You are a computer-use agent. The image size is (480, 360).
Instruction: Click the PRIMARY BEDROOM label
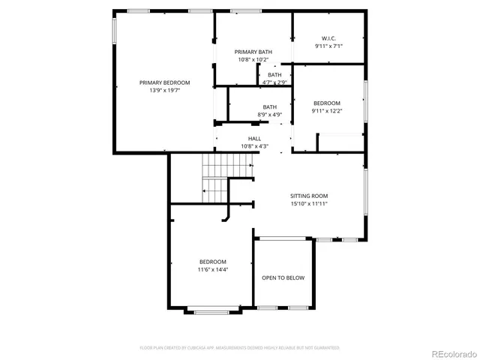[x=164, y=82]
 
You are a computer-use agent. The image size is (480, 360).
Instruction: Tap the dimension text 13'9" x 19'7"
[x=164, y=90]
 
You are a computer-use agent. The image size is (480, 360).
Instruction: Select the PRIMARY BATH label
[x=253, y=52]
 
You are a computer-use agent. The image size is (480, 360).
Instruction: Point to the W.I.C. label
[x=328, y=38]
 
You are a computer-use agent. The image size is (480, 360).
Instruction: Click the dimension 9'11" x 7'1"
[x=328, y=46]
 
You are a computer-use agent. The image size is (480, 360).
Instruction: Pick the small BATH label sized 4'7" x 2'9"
[x=274, y=74]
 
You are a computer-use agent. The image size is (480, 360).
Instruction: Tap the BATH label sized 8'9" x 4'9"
[x=270, y=107]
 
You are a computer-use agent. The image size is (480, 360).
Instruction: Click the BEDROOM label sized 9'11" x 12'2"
[x=326, y=103]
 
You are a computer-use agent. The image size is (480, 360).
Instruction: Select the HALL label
[x=254, y=138]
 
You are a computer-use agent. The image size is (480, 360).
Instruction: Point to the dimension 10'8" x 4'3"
[x=254, y=145]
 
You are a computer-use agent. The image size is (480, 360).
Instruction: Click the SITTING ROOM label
[x=309, y=195]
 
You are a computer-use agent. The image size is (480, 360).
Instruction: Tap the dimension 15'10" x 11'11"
[x=309, y=202]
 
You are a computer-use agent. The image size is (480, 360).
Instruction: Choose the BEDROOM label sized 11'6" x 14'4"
[x=212, y=261]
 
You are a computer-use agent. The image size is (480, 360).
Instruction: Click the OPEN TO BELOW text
[x=283, y=277]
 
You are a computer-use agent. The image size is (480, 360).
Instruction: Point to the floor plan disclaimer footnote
[x=239, y=348]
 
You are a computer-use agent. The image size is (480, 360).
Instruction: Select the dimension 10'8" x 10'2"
[x=253, y=59]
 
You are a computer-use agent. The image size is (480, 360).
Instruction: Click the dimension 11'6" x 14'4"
[x=212, y=268]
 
